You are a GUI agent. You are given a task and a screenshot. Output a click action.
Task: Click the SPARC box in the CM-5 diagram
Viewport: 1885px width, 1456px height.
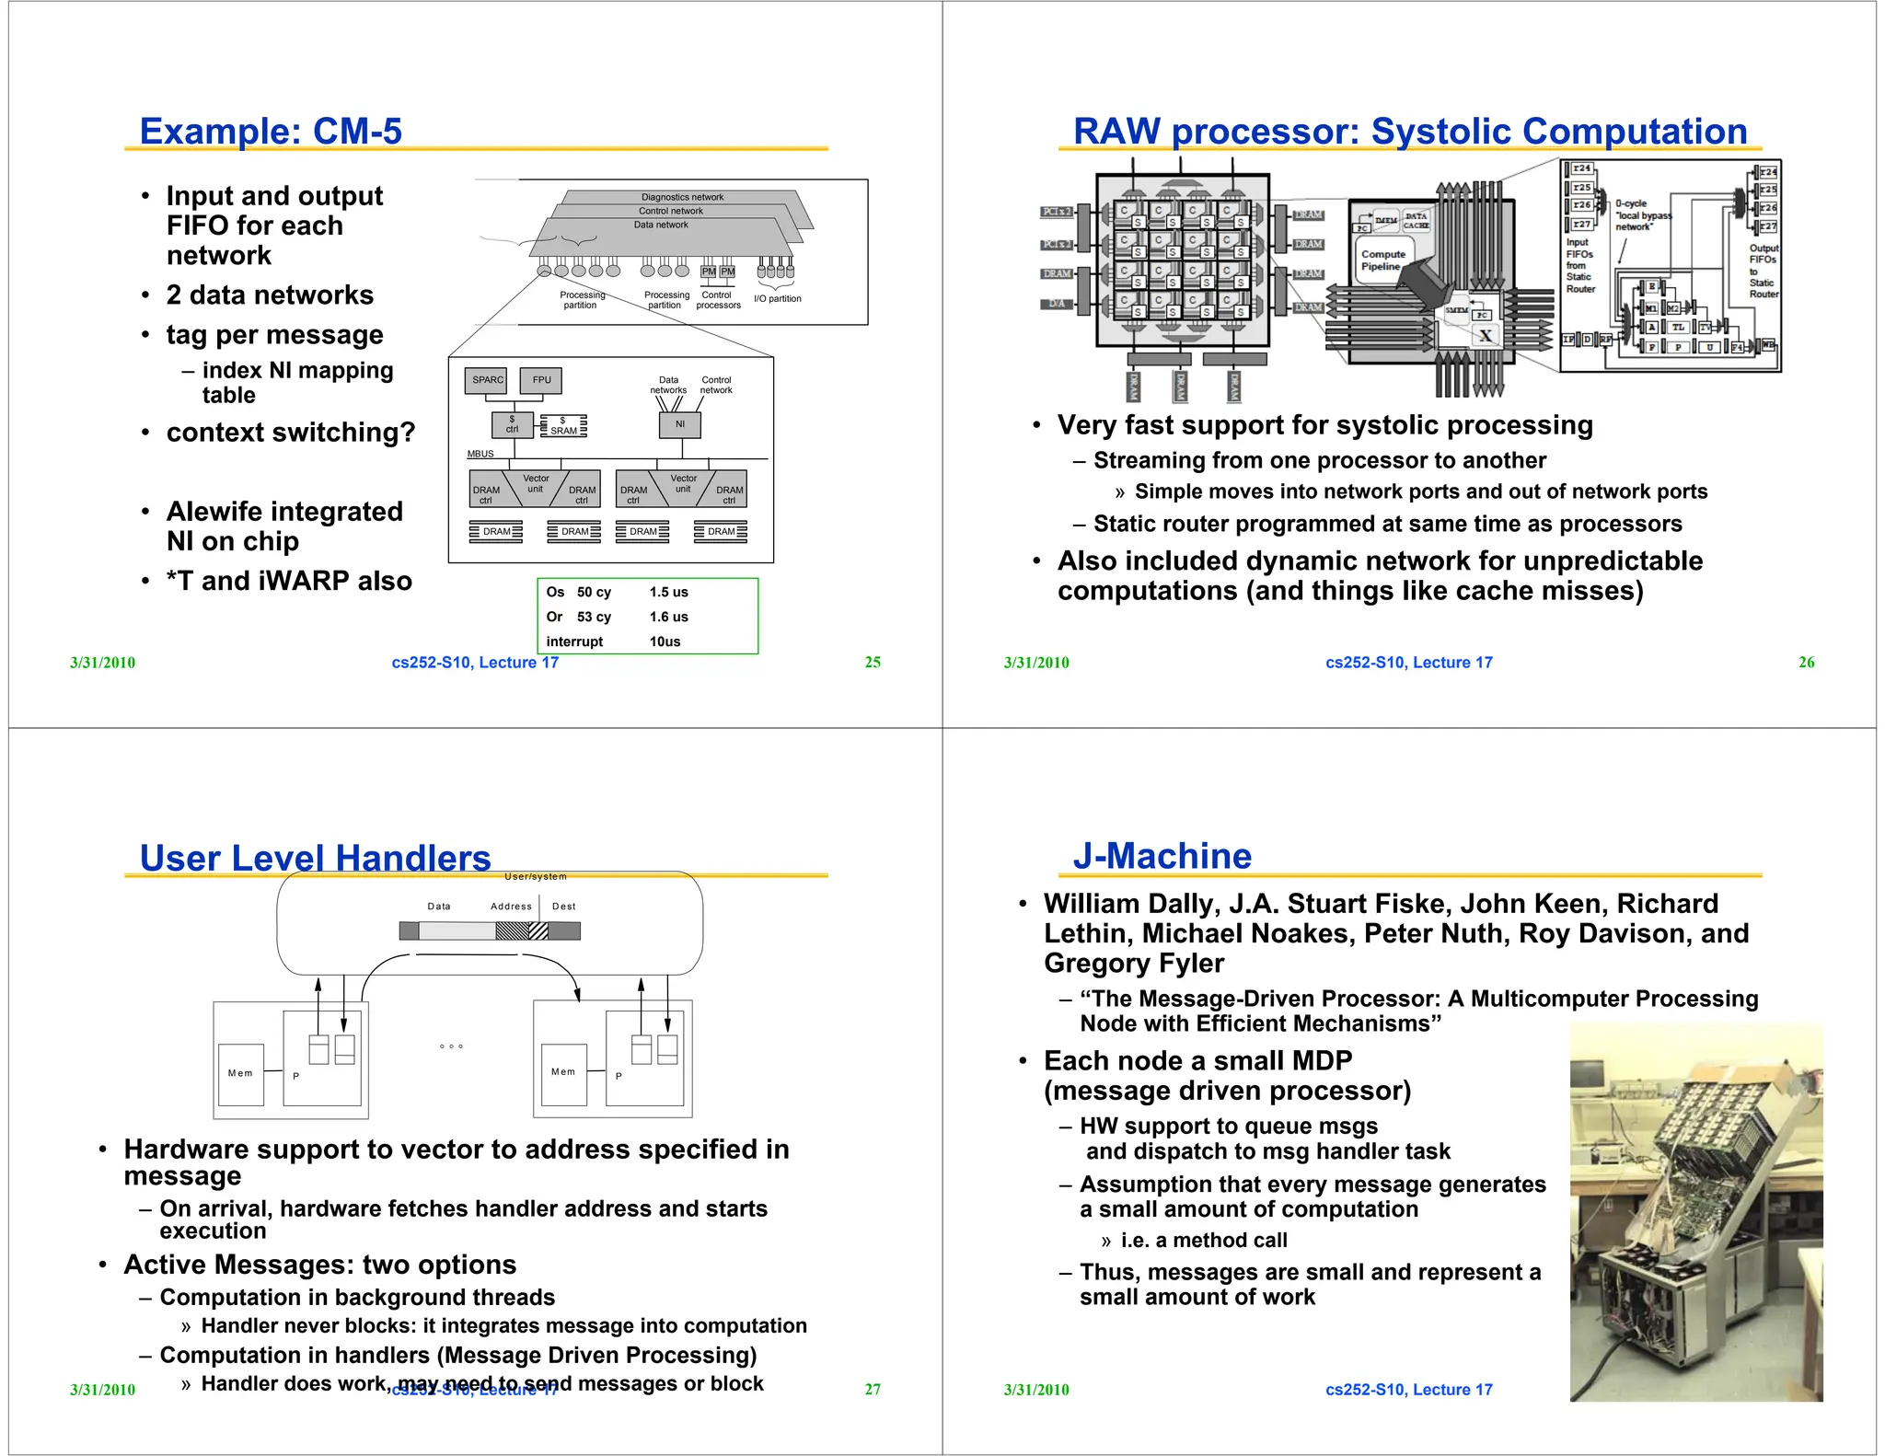pos(486,380)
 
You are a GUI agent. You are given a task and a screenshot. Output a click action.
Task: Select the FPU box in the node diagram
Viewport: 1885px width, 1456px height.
pos(541,380)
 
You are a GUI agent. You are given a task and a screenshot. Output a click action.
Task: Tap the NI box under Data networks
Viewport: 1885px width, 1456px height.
pos(680,424)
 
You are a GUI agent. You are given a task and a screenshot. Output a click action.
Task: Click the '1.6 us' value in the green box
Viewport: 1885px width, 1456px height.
pos(668,617)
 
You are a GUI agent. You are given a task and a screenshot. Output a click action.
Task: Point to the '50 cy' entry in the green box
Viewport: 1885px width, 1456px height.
pos(594,592)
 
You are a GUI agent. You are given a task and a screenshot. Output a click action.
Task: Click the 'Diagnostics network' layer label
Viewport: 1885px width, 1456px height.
pos(682,197)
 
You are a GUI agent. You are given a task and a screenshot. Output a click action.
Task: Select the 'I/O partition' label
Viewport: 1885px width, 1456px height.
pos(777,298)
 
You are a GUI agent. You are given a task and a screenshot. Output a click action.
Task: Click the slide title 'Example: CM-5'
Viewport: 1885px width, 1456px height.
pos(271,132)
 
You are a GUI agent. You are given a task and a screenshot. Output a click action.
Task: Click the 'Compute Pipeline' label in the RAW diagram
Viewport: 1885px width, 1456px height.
pos(1382,260)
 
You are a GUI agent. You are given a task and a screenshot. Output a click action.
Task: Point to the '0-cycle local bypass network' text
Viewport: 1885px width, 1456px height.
pos(1641,215)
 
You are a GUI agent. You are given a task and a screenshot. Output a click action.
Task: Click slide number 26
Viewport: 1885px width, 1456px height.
pos(1806,662)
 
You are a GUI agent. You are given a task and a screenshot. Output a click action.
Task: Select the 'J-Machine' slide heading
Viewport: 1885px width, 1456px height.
pos(1162,856)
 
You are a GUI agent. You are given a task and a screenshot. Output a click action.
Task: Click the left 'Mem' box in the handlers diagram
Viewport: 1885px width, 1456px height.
pos(240,1073)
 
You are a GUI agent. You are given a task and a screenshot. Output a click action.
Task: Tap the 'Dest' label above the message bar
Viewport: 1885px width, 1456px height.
pos(563,907)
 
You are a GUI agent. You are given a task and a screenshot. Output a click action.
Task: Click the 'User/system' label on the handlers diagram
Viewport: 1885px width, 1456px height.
pos(536,877)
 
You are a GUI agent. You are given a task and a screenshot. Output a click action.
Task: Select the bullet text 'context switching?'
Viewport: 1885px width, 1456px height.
pos(290,433)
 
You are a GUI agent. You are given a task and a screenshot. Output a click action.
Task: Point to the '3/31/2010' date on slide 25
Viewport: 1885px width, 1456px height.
pos(102,663)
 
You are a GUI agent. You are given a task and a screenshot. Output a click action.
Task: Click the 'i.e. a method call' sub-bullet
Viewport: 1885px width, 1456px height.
pos(1203,1241)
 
